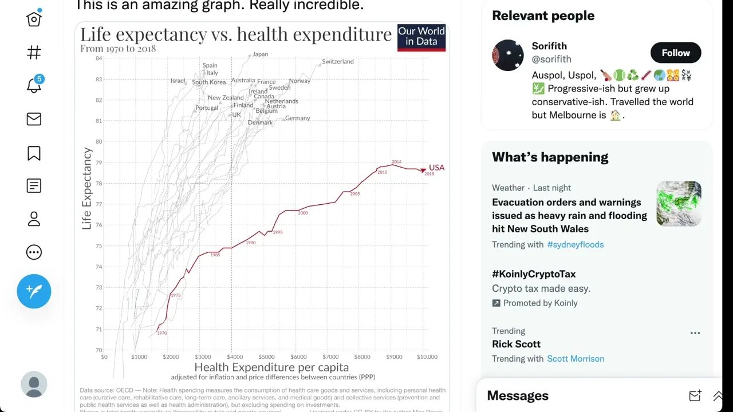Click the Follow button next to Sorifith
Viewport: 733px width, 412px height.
[676, 53]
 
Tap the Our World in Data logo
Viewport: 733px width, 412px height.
[421, 37]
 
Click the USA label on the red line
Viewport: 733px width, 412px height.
[436, 168]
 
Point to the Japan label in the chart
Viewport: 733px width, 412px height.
[260, 54]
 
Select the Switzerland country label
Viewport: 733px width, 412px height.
[338, 61]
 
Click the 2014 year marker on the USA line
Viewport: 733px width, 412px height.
[396, 162]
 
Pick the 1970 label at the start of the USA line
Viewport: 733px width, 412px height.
[162, 332]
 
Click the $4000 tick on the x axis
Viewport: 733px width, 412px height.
[231, 357]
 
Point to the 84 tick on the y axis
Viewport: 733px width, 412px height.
[99, 58]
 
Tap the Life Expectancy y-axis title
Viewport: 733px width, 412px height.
[87, 189]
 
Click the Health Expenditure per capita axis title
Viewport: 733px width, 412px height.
[271, 367]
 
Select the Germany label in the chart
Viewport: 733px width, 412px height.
[297, 118]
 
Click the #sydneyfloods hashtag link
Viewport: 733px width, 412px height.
[575, 244]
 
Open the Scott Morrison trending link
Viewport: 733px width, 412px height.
[576, 359]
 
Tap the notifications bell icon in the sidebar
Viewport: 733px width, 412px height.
[34, 86]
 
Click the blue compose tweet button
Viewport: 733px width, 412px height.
[34, 291]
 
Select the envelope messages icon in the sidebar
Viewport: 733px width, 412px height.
[34, 119]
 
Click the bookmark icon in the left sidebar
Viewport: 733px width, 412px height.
[34, 153]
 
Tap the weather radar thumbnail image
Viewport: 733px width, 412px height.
[679, 204]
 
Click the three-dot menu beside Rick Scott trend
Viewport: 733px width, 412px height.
[695, 333]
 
